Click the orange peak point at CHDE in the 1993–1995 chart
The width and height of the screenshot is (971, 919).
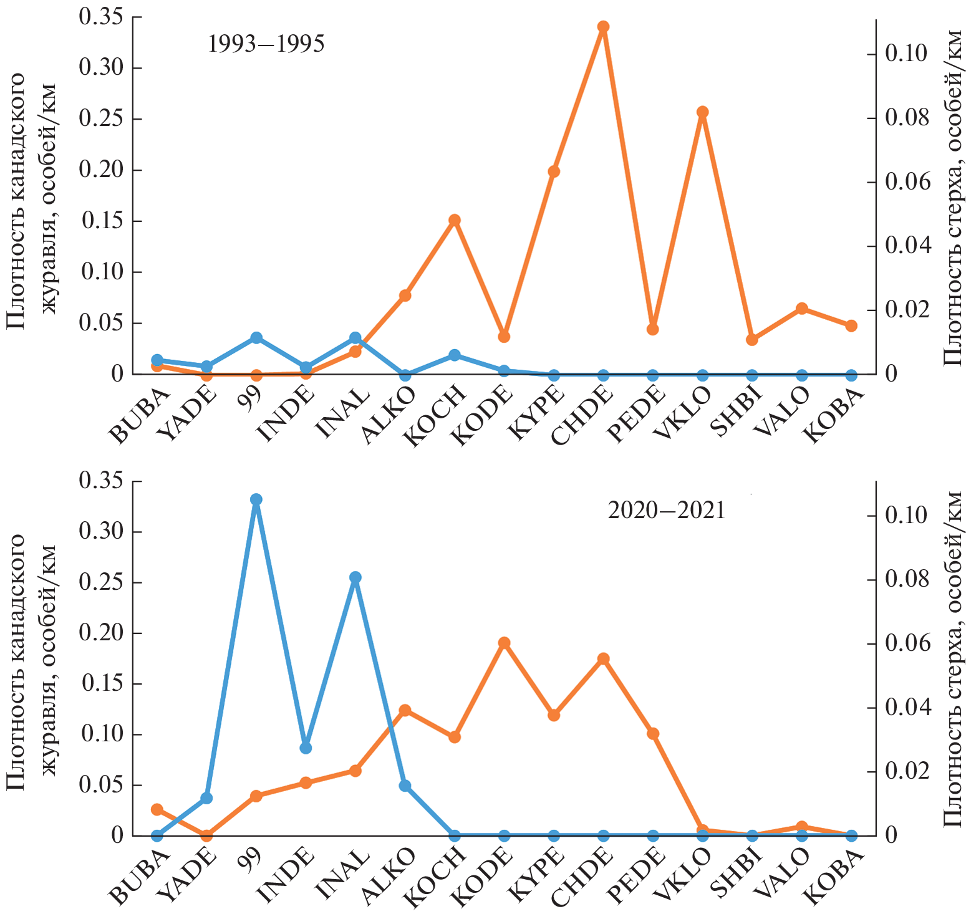click(x=603, y=27)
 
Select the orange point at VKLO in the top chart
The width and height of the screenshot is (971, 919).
click(x=703, y=112)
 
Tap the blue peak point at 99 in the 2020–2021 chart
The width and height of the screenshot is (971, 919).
click(x=256, y=499)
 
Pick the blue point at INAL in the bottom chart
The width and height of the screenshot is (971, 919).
click(x=355, y=577)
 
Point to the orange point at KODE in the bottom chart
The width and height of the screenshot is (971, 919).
click(x=504, y=643)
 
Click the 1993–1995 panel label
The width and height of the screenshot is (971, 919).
click(x=266, y=44)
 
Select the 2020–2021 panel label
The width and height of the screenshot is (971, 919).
click(x=666, y=511)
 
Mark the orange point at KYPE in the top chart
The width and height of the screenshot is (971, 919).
click(x=554, y=172)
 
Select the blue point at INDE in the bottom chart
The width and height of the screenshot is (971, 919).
click(x=306, y=748)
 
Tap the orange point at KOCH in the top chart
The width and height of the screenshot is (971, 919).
click(x=455, y=220)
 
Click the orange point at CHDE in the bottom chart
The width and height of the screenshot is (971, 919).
click(x=603, y=659)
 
